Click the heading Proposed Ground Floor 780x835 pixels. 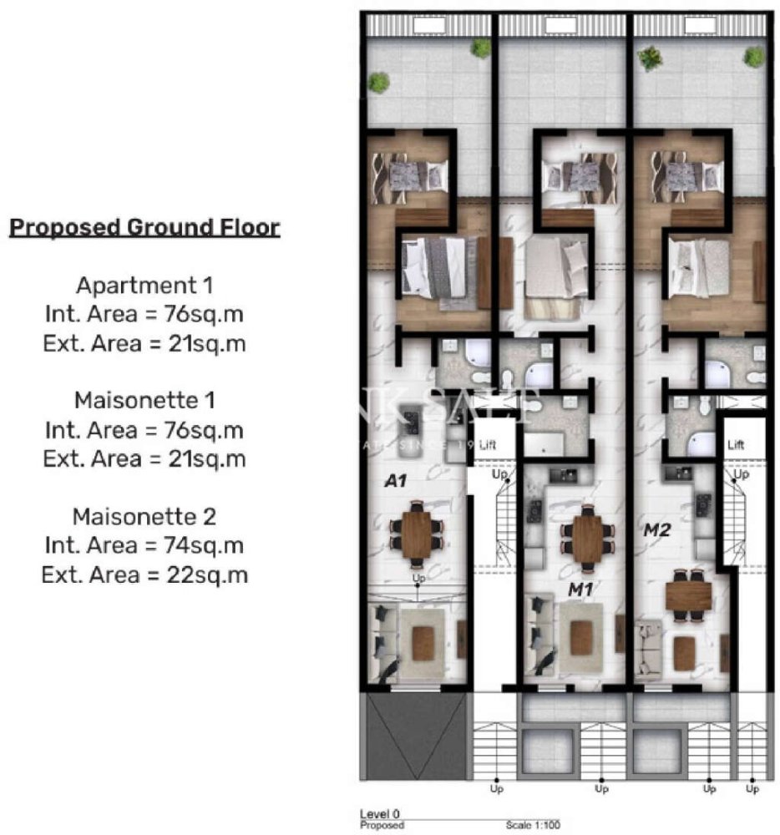tap(144, 227)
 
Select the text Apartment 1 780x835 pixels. tap(144, 286)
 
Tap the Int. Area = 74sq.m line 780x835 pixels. tap(144, 545)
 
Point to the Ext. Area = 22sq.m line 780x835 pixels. tap(144, 574)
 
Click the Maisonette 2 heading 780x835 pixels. tap(144, 516)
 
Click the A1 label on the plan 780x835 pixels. tap(394, 481)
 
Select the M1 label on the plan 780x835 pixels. tap(580, 590)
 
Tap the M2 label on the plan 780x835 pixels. tap(653, 529)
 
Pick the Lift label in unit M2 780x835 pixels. tap(736, 446)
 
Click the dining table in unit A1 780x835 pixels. tap(415, 534)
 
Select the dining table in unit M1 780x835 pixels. tap(588, 539)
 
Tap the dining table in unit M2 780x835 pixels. tap(688, 595)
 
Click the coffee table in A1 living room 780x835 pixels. tap(423, 643)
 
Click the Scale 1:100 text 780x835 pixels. tap(532, 825)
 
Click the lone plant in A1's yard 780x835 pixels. tap(378, 82)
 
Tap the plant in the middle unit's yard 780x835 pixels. tap(480, 48)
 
